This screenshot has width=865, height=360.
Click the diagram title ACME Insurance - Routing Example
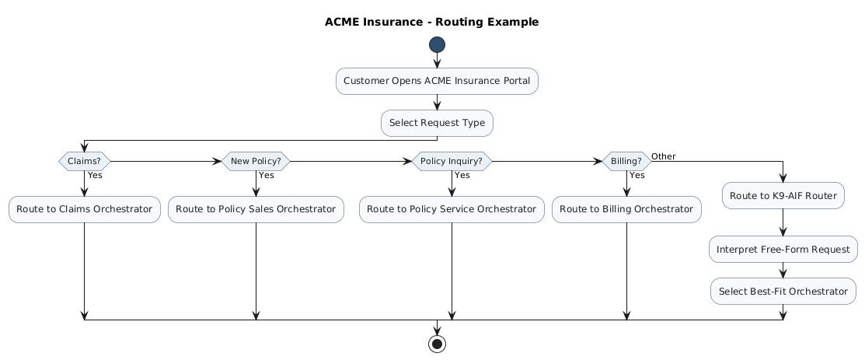[x=431, y=22]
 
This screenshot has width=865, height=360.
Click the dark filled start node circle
[x=437, y=45]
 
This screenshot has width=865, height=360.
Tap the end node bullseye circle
[x=437, y=344]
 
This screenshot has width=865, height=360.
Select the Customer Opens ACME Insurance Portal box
[x=437, y=81]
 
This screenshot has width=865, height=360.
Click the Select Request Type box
[x=437, y=123]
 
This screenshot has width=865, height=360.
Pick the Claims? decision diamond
[x=84, y=161]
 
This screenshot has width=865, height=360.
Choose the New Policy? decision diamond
[x=256, y=161]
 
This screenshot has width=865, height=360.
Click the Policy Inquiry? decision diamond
[x=451, y=161]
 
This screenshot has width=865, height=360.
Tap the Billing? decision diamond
[x=626, y=161]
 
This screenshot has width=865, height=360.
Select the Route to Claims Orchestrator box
[x=84, y=208]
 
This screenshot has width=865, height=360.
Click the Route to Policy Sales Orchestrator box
[x=256, y=208]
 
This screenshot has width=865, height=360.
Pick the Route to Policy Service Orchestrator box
[x=451, y=208]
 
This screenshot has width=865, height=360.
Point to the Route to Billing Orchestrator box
[x=626, y=208]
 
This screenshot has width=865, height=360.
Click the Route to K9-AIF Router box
[x=783, y=195]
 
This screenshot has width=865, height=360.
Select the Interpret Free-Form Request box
[x=783, y=249]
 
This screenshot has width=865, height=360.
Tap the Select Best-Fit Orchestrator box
[x=783, y=291]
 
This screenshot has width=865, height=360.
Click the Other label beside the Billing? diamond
[x=663, y=156]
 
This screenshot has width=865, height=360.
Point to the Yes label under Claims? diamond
[x=95, y=175]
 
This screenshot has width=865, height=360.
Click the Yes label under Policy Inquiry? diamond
[x=462, y=175]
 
